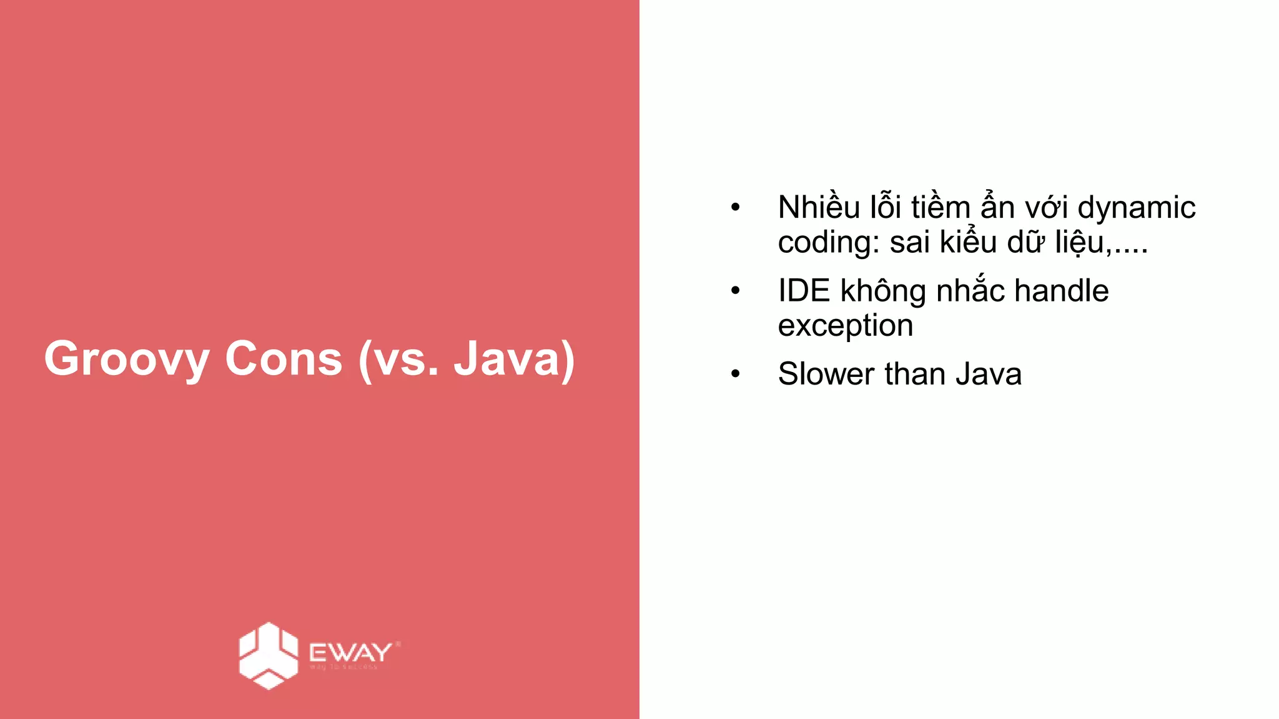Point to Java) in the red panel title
514,359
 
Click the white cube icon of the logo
269,655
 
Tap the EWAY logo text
351,653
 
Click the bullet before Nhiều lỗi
735,207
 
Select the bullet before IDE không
735,290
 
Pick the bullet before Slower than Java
735,374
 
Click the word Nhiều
819,207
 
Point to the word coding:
828,243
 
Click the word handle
1061,291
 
